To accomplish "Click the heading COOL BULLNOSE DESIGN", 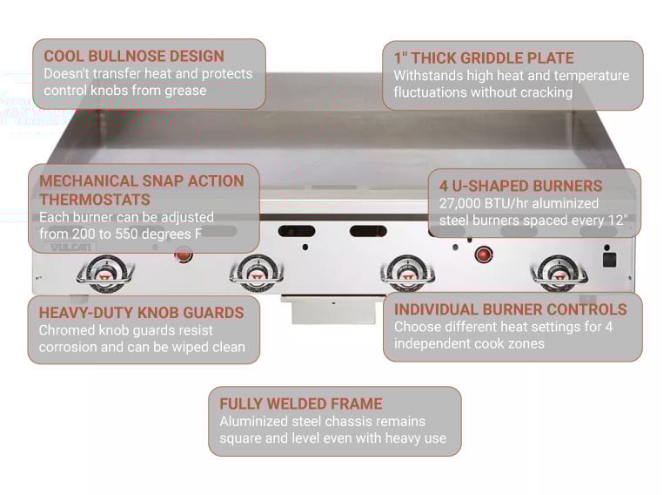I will tap(134, 56).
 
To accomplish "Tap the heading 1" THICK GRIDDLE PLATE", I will tap(484, 58).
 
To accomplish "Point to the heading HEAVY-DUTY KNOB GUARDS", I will tap(141, 312).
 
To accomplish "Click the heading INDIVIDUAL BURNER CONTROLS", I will tap(511, 309).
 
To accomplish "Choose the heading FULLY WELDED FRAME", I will tap(300, 403).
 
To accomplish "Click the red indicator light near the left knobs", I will tap(184, 254).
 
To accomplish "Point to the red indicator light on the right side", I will tap(483, 254).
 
